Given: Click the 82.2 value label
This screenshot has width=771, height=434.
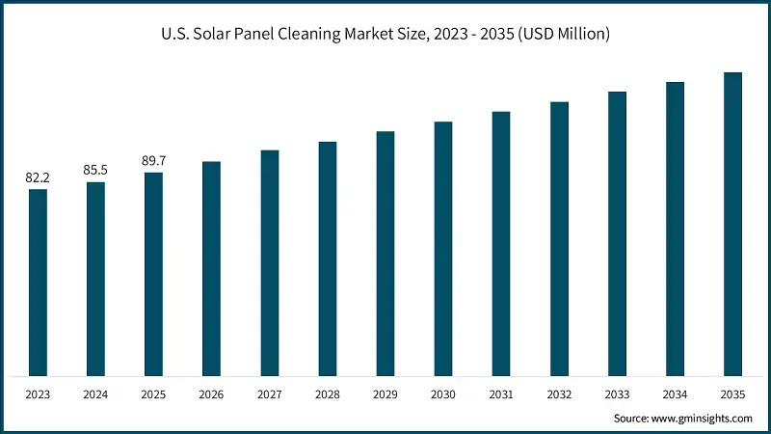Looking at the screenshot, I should click(x=38, y=177).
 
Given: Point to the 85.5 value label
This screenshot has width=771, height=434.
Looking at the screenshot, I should click(x=95, y=170).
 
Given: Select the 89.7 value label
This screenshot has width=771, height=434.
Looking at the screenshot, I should click(x=154, y=161).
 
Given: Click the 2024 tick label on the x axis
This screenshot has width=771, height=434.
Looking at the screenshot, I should click(x=95, y=393).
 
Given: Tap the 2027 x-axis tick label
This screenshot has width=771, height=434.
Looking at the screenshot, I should click(x=270, y=393).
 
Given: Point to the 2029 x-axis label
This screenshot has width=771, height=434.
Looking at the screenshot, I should click(x=385, y=393).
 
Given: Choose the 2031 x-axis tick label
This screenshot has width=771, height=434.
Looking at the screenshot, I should click(x=501, y=393).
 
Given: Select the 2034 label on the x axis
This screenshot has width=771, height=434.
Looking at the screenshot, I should click(x=675, y=393).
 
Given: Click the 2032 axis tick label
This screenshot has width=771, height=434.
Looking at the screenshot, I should click(x=559, y=393).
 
